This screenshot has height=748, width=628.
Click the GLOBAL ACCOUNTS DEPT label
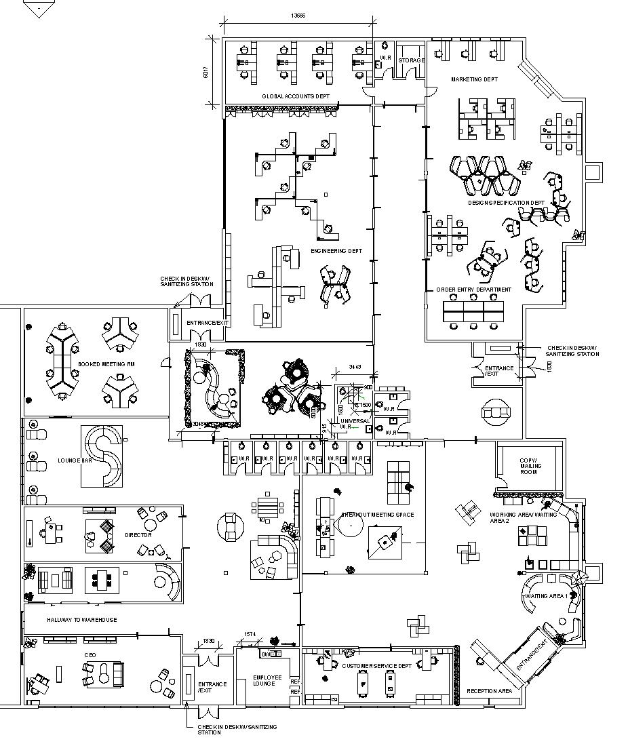coord(295,96)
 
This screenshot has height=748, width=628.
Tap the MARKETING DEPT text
coord(474,79)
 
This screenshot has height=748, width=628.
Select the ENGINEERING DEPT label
coord(336,251)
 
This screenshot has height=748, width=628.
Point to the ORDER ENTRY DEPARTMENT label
coord(473,290)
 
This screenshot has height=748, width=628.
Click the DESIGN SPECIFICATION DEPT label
coord(506,203)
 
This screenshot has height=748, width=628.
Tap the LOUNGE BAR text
coord(75,461)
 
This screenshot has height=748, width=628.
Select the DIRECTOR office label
coord(138,535)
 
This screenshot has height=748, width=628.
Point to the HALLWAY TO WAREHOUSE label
coord(81,620)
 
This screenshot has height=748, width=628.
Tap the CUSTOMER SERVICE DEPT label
coord(376,666)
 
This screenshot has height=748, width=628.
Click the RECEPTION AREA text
coord(489,691)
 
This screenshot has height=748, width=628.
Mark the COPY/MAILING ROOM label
coord(528,466)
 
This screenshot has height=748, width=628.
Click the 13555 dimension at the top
coord(298,16)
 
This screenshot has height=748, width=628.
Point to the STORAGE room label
coord(411,60)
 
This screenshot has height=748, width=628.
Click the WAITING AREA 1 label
coord(547,596)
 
